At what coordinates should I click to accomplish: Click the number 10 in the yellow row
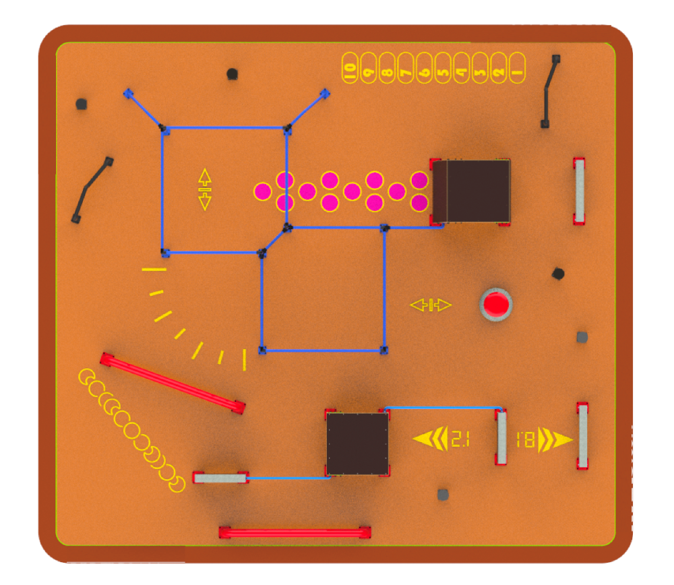(x=350, y=68)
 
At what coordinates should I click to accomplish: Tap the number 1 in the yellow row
(x=518, y=68)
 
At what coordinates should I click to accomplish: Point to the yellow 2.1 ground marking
(x=460, y=440)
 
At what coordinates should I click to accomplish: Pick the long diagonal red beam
(x=173, y=382)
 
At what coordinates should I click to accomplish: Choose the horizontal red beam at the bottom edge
(x=295, y=533)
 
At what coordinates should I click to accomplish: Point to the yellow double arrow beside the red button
(x=431, y=305)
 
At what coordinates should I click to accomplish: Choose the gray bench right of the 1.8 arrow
(x=583, y=435)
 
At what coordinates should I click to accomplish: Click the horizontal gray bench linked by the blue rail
(x=220, y=478)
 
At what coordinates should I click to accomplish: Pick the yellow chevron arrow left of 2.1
(x=430, y=439)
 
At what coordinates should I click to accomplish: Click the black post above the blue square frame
(x=232, y=73)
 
